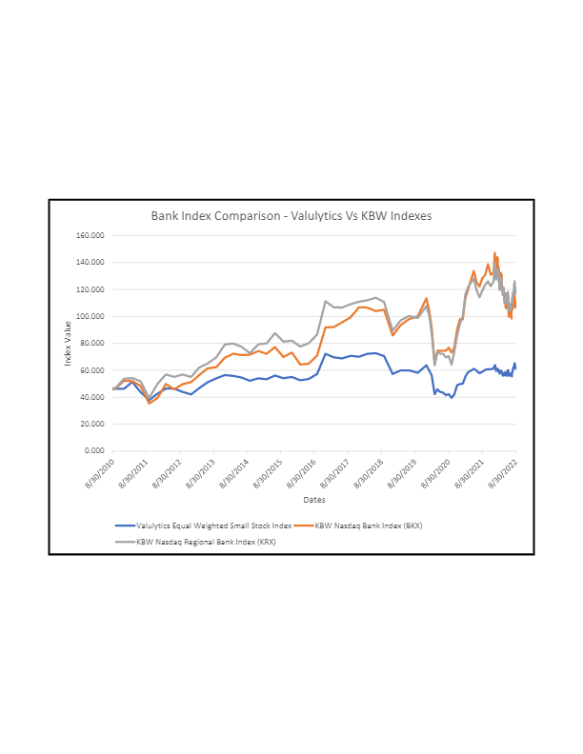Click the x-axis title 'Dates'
314,499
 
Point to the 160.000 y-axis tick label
91,235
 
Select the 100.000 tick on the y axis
91,316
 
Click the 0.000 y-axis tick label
95,450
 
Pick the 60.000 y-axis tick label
93,369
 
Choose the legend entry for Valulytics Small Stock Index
212,525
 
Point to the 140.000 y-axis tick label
91,262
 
